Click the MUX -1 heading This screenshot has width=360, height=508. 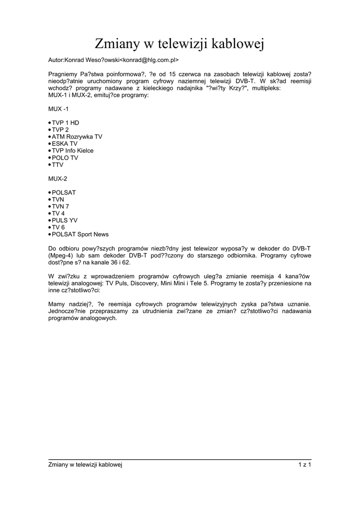(59, 108)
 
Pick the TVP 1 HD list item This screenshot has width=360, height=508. (66, 123)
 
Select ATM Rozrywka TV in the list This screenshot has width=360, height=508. (77, 136)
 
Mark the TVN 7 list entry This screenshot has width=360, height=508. (61, 206)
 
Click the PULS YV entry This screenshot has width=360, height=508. (65, 220)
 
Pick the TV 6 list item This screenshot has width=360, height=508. (58, 227)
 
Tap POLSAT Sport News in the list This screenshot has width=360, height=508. (80, 234)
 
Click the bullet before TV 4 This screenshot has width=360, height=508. (50, 213)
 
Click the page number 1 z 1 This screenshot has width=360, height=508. (304, 464)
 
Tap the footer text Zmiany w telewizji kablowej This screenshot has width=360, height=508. (85, 464)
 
